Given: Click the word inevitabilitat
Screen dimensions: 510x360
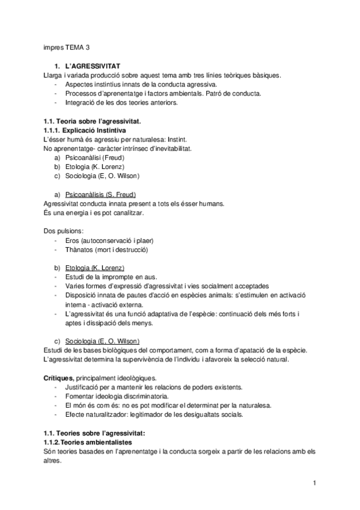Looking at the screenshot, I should coord(169,149).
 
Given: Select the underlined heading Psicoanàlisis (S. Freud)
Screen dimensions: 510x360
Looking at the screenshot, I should coord(100,195).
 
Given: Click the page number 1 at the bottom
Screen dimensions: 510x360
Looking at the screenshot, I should coord(314,483).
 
